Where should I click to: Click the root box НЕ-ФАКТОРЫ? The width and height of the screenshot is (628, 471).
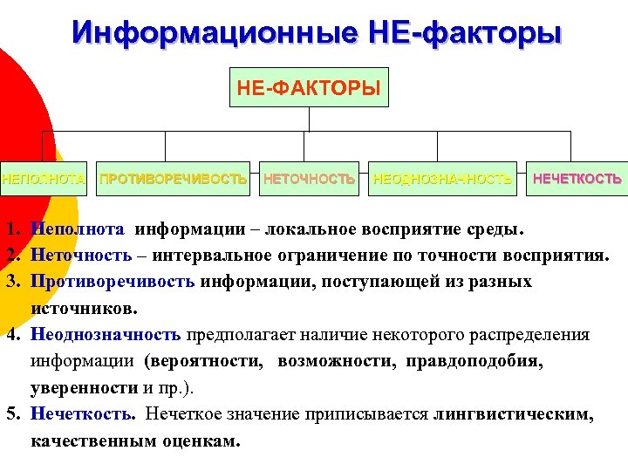point(309,87)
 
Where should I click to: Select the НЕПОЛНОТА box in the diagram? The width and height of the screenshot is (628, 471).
point(43,180)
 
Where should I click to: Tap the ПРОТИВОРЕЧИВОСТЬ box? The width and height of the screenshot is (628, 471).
point(174,180)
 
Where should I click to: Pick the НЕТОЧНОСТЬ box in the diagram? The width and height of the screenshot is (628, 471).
point(309,180)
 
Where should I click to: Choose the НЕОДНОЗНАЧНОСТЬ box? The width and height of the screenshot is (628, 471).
point(442,180)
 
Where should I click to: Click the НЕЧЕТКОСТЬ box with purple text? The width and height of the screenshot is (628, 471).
point(577,180)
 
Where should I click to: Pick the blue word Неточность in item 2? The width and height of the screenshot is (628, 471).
point(80,256)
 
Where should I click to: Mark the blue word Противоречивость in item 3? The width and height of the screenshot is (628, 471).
point(113,282)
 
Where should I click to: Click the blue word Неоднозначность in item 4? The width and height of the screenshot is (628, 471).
point(106,334)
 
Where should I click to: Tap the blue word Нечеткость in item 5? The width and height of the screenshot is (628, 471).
point(82,413)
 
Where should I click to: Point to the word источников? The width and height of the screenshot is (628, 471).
point(83,308)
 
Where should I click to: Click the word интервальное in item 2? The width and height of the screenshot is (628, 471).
point(201,256)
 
